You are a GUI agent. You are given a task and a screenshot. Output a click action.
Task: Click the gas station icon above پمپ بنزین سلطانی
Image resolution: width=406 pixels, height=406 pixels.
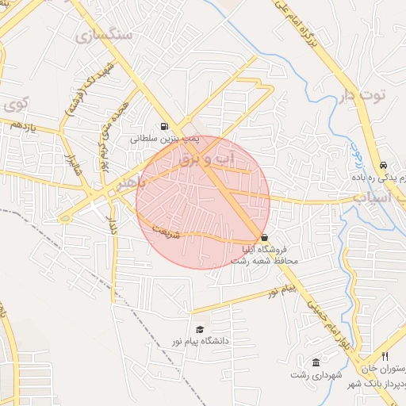(x=164, y=125)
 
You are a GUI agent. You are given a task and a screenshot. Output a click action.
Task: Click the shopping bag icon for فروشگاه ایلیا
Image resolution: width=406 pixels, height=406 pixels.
(x=264, y=238)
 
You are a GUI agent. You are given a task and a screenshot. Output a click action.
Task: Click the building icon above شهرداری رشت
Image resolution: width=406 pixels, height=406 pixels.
(x=316, y=362)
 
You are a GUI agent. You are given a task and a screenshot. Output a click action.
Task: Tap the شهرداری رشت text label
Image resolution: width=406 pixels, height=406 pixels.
(x=316, y=373)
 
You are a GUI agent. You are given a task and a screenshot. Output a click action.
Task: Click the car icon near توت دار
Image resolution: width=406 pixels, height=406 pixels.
(x=384, y=166)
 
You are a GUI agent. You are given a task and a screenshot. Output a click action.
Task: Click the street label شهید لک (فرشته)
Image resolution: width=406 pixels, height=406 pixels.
(x=78, y=101)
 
